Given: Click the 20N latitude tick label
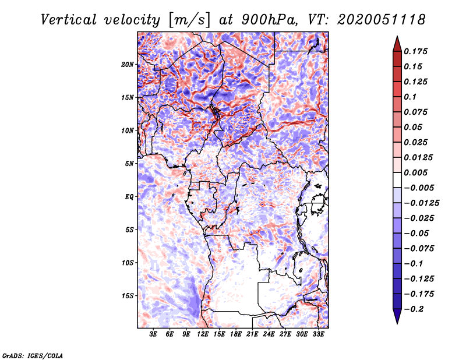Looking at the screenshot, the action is point(128,65).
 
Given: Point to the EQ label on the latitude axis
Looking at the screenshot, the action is point(129,197).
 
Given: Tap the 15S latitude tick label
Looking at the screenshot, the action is point(128,296).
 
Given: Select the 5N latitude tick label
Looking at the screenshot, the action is point(129,164).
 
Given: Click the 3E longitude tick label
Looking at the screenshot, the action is point(153,334).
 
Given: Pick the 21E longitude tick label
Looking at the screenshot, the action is point(252,334).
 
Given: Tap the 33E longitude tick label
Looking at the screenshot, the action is point(318,334).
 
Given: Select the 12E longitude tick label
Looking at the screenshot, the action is point(203,334).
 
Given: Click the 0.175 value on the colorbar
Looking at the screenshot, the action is point(415,51).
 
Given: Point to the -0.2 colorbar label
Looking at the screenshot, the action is point(414,309).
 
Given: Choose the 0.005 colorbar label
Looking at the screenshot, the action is point(415,172).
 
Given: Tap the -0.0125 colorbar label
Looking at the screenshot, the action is point(421,203).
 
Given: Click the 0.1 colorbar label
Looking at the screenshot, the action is point(410,97).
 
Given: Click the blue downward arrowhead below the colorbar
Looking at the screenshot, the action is point(397,316).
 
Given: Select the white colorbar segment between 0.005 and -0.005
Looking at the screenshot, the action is point(397,180).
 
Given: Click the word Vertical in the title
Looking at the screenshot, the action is point(68,20).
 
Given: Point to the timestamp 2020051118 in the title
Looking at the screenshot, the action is point(382,20).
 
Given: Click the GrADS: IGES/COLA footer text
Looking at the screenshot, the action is point(33,355).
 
